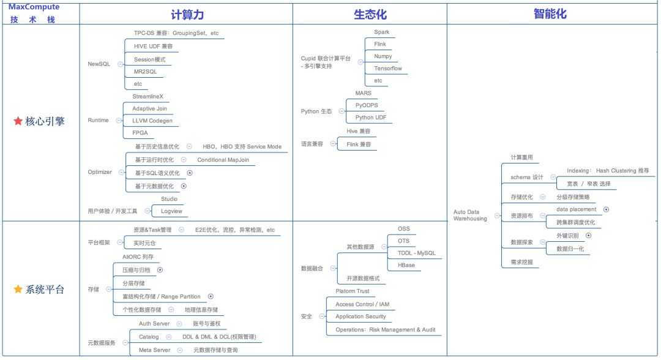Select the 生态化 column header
click(370, 15)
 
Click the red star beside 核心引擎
click(18, 121)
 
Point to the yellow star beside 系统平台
click(18, 289)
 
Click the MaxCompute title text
click(34, 7)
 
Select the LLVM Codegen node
click(152, 121)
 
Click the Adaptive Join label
click(149, 108)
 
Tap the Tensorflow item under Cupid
click(388, 69)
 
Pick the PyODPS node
click(367, 105)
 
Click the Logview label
click(171, 211)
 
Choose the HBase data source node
click(406, 265)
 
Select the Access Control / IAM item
click(362, 304)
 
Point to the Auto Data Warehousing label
click(470, 216)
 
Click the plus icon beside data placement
click(606, 209)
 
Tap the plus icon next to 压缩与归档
click(160, 269)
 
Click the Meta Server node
click(154, 350)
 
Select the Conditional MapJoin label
click(223, 160)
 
